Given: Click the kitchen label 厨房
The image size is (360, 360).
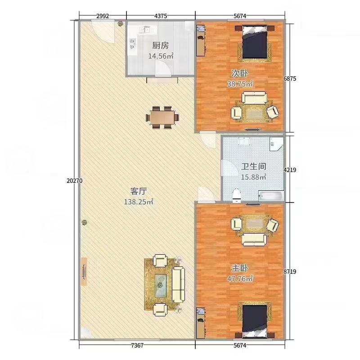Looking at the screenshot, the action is pyautogui.click(x=161, y=45).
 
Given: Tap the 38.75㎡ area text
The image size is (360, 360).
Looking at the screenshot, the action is pyautogui.click(x=240, y=84).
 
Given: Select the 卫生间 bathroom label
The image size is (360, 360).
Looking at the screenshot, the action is pyautogui.click(x=253, y=166).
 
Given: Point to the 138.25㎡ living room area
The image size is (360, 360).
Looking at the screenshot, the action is pyautogui.click(x=139, y=202).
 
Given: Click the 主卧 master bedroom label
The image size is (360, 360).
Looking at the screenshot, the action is pyautogui.click(x=240, y=268).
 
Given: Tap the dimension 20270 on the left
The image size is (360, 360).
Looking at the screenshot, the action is pyautogui.click(x=75, y=181).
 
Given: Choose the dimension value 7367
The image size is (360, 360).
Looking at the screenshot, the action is pyautogui.click(x=137, y=345).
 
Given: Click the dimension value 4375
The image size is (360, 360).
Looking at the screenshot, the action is pyautogui.click(x=161, y=16).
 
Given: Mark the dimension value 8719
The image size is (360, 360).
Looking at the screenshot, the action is pyautogui.click(x=290, y=272).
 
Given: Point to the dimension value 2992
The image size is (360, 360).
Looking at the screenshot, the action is pyautogui.click(x=103, y=16).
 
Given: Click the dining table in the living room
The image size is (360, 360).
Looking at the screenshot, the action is pyautogui.click(x=162, y=117).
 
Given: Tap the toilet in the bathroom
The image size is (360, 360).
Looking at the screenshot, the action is pyautogui.click(x=237, y=196).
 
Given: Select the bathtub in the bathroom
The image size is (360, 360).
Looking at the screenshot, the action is pyautogui.click(x=271, y=196).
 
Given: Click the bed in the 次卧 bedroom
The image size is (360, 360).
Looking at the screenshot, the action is pyautogui.click(x=255, y=42).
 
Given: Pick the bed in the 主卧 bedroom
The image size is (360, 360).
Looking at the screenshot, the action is pyautogui.click(x=255, y=321).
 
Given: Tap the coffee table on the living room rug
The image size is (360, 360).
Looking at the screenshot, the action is pyautogui.click(x=161, y=285).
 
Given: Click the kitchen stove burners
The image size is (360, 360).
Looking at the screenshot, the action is pyautogui.click(x=132, y=44).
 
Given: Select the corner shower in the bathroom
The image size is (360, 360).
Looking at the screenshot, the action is pyautogui.click(x=277, y=144).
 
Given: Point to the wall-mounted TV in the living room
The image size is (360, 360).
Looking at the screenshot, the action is pyautogui.click(x=84, y=272).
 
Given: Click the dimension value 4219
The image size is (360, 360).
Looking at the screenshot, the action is pyautogui.click(x=290, y=170).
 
